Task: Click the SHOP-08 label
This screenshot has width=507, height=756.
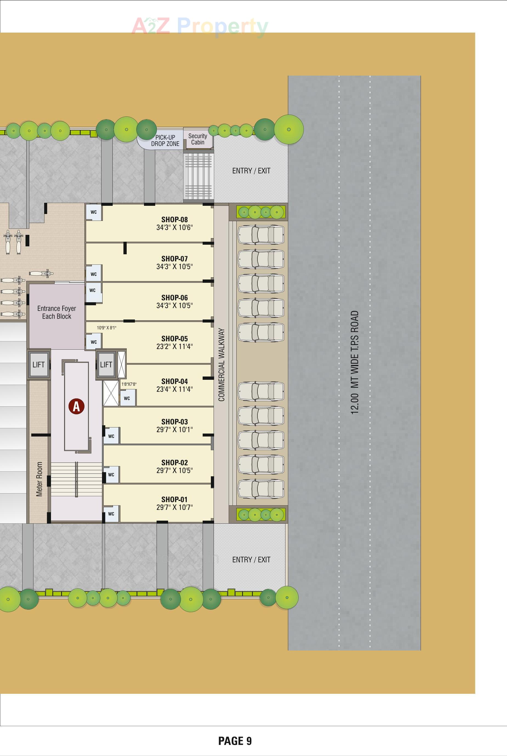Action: click(174, 220)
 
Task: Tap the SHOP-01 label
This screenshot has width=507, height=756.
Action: click(174, 500)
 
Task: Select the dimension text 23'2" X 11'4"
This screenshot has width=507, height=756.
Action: click(174, 347)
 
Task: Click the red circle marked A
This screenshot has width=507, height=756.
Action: click(76, 406)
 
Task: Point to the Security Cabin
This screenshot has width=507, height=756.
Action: click(197, 139)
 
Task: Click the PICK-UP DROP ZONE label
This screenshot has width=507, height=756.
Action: click(165, 141)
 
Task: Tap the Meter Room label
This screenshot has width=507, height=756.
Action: click(39, 479)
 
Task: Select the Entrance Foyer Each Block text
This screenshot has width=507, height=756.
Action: click(56, 312)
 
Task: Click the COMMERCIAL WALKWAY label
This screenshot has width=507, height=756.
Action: click(222, 365)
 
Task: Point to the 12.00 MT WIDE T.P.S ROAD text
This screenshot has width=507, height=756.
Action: click(355, 362)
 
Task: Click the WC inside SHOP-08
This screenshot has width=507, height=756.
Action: click(94, 212)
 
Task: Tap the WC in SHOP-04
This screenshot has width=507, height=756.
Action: click(127, 398)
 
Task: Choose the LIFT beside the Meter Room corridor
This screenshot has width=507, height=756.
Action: click(38, 365)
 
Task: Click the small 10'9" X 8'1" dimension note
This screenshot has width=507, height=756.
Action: click(106, 328)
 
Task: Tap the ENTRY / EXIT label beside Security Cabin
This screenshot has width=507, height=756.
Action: click(251, 171)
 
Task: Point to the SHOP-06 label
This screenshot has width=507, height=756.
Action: click(174, 298)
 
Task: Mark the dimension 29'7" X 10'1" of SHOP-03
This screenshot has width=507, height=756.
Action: click(174, 429)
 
